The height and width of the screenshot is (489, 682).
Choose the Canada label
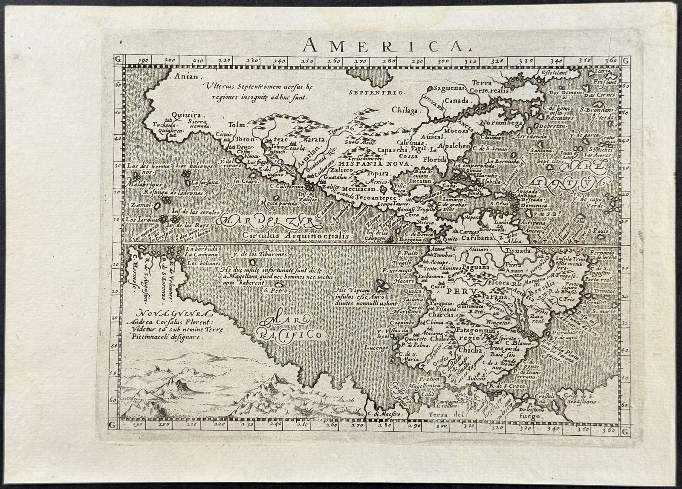pos(457,101)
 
